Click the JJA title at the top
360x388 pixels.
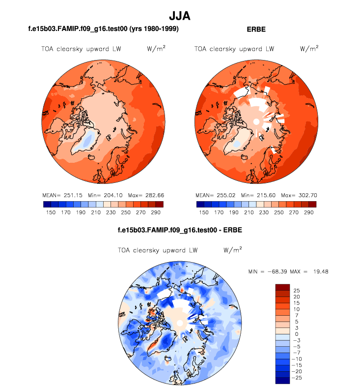pyautogui.click(x=179, y=16)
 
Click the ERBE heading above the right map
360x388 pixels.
pyautogui.click(x=256, y=30)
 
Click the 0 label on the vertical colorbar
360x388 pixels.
pyautogui.click(x=295, y=334)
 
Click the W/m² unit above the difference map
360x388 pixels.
pyautogui.click(x=232, y=250)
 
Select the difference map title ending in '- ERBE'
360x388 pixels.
pyautogui.click(x=180, y=230)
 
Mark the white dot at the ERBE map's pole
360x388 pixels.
pyautogui.click(x=256, y=121)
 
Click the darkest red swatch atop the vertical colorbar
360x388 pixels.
pyautogui.click(x=282, y=287)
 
